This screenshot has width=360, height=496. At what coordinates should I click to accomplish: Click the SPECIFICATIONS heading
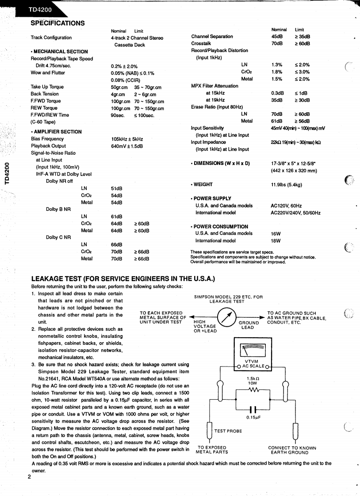[x=57, y=23]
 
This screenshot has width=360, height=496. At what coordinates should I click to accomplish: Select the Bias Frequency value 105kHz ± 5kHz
[x=127, y=139]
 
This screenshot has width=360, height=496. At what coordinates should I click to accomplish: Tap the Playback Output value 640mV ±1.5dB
[x=127, y=146]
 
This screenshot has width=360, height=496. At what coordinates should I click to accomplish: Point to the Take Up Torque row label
[x=47, y=87]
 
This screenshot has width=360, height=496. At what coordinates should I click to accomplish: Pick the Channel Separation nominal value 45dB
[x=277, y=36]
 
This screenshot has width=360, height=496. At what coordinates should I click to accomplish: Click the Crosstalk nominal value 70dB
[x=277, y=43]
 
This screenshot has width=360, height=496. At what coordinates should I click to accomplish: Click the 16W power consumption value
[x=276, y=233]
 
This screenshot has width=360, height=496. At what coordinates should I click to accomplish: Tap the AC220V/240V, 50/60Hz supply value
[x=295, y=213]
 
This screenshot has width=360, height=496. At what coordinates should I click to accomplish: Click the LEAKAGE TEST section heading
[x=123, y=279]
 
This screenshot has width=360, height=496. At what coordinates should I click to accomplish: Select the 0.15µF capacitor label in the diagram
[x=253, y=416]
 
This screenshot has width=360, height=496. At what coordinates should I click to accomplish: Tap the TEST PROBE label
[x=228, y=431]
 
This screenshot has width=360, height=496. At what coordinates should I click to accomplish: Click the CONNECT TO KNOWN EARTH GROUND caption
[x=292, y=450]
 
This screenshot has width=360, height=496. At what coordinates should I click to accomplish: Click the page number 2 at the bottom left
[x=29, y=477]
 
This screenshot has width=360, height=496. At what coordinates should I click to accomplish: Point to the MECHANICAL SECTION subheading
[x=61, y=51]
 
